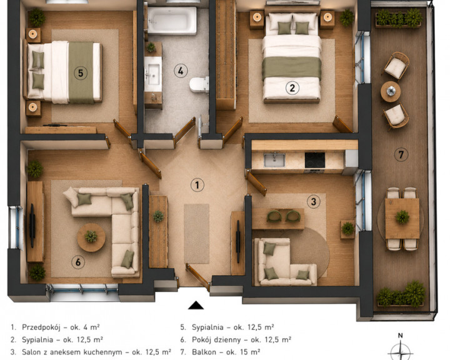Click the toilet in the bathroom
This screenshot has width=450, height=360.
click(x=199, y=85)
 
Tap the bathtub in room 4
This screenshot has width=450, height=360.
click(x=172, y=21)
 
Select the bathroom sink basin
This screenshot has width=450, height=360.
click(x=153, y=74)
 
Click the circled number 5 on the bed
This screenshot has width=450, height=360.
click(x=81, y=73)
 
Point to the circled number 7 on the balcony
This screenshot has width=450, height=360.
click(x=401, y=155)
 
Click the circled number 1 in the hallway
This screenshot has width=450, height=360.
click(x=197, y=185)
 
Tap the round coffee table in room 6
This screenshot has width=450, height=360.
click(x=91, y=237)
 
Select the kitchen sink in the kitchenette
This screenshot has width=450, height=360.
click(x=274, y=160)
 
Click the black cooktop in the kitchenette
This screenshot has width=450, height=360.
click(x=315, y=160)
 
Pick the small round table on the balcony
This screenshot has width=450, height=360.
click(x=391, y=92)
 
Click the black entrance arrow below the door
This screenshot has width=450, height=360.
click(x=196, y=305)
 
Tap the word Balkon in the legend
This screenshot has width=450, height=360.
click(x=204, y=352)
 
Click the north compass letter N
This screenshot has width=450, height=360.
click(x=401, y=335)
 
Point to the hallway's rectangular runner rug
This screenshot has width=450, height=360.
click(x=197, y=234)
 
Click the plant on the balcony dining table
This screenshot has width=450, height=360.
click(x=402, y=217)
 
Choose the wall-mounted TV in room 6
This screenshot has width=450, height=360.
click(x=32, y=226)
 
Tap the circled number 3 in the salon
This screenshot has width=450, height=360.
click(x=313, y=201)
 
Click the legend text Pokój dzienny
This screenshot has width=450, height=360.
click(x=216, y=339)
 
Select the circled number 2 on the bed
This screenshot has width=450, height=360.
click(x=292, y=88)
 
